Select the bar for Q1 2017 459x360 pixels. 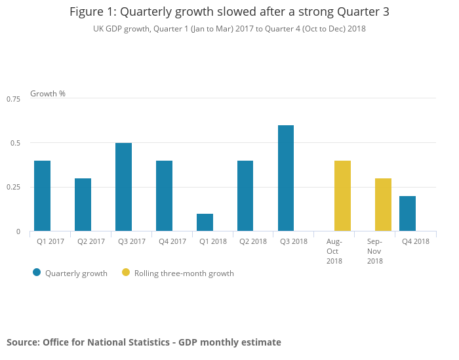tap(42, 196)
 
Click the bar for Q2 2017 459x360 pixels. tap(83, 205)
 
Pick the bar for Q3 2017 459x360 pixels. tap(123, 187)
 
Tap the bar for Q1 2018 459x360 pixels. tap(205, 222)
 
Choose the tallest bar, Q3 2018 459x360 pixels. tap(286, 178)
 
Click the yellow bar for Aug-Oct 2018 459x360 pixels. tap(342, 196)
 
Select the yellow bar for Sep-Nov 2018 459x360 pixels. tap(383, 205)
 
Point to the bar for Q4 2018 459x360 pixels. tap(407, 214)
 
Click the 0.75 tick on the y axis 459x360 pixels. tap(14, 98)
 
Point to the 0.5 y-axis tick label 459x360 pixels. tap(16, 143)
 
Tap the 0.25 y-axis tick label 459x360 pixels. tap(14, 187)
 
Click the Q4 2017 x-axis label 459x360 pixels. tap(172, 241)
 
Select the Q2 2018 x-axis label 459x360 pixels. tap(253, 241)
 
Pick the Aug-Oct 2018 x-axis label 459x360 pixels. tap(334, 251)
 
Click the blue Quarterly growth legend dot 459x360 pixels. tap(37, 273)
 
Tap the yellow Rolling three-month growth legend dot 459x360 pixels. tap(126, 273)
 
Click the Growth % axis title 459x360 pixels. tap(48, 94)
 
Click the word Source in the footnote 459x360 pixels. tap(22, 342)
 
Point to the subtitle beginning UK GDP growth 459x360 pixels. tap(229, 29)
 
